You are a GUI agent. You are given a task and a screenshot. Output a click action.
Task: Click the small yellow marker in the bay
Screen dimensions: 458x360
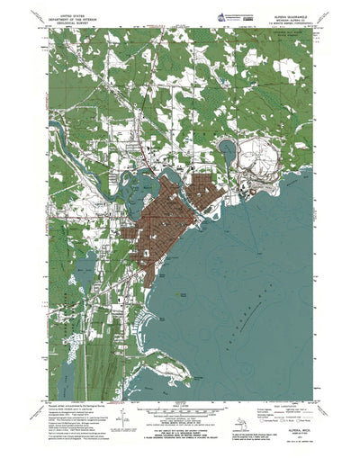tap(184, 293)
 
